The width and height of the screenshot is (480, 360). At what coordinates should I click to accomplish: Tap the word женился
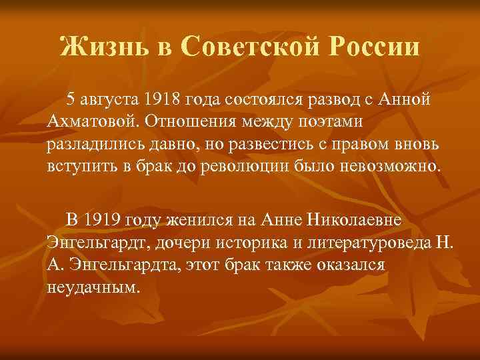click(x=193, y=220)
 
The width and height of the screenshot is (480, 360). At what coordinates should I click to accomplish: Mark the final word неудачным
click(x=94, y=287)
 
